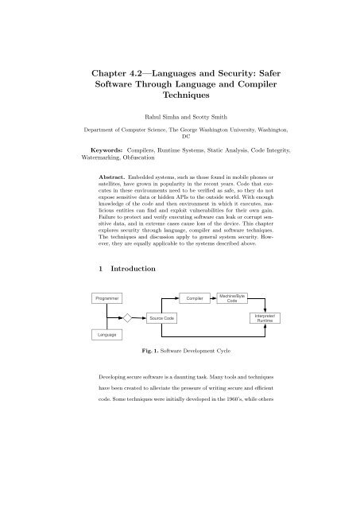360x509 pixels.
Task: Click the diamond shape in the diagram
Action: pos(126,318)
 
